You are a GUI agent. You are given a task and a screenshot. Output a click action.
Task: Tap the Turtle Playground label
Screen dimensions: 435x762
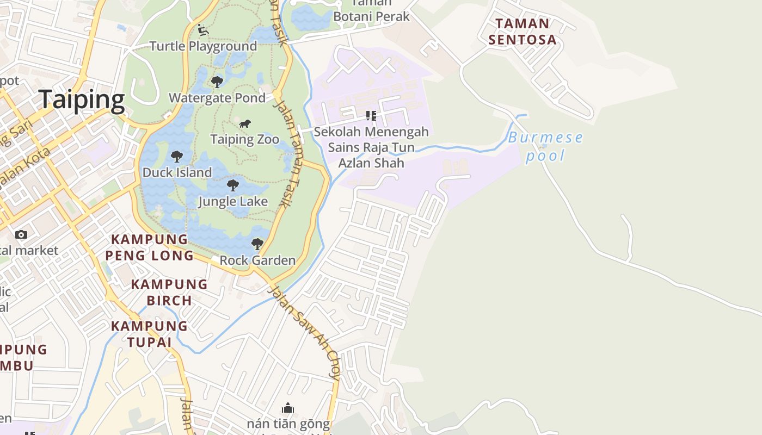coord(203,46)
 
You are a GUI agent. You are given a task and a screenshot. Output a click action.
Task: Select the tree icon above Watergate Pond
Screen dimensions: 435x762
coord(217,82)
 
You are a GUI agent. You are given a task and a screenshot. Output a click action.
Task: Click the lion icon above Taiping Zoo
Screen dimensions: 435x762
coord(245,124)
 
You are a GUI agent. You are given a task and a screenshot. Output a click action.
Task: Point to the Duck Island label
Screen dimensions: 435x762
coord(177,172)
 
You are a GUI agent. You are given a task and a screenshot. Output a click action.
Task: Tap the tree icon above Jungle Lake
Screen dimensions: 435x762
coord(233,185)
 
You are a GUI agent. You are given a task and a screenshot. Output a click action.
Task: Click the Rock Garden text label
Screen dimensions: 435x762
coord(257,260)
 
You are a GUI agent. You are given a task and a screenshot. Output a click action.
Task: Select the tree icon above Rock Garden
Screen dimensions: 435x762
coord(257,244)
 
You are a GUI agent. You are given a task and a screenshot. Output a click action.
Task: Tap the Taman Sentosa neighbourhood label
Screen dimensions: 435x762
coord(523,32)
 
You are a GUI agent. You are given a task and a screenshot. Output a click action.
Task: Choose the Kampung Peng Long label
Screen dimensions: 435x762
coord(150,247)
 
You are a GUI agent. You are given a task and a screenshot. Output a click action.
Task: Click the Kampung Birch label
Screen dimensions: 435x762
coord(169,292)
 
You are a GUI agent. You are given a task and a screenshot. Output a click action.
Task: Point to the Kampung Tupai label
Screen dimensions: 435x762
coord(150,334)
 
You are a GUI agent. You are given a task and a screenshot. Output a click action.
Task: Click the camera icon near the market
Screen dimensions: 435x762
coord(21,234)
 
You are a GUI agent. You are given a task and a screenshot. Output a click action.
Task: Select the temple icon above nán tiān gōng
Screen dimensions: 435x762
coord(288,408)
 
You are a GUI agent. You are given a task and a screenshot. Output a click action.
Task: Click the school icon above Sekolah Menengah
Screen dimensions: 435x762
coord(371,116)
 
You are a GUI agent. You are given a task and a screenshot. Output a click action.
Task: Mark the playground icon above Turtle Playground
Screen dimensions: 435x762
coord(203,29)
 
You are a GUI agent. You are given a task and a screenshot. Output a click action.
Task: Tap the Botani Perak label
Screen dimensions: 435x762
coord(371,16)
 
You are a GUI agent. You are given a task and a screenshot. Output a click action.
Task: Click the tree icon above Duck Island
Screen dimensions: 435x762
coord(177,157)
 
